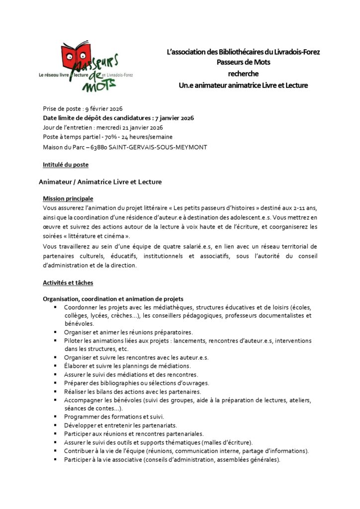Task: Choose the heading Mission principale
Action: [68, 198]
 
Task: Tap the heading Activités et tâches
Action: [68, 282]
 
